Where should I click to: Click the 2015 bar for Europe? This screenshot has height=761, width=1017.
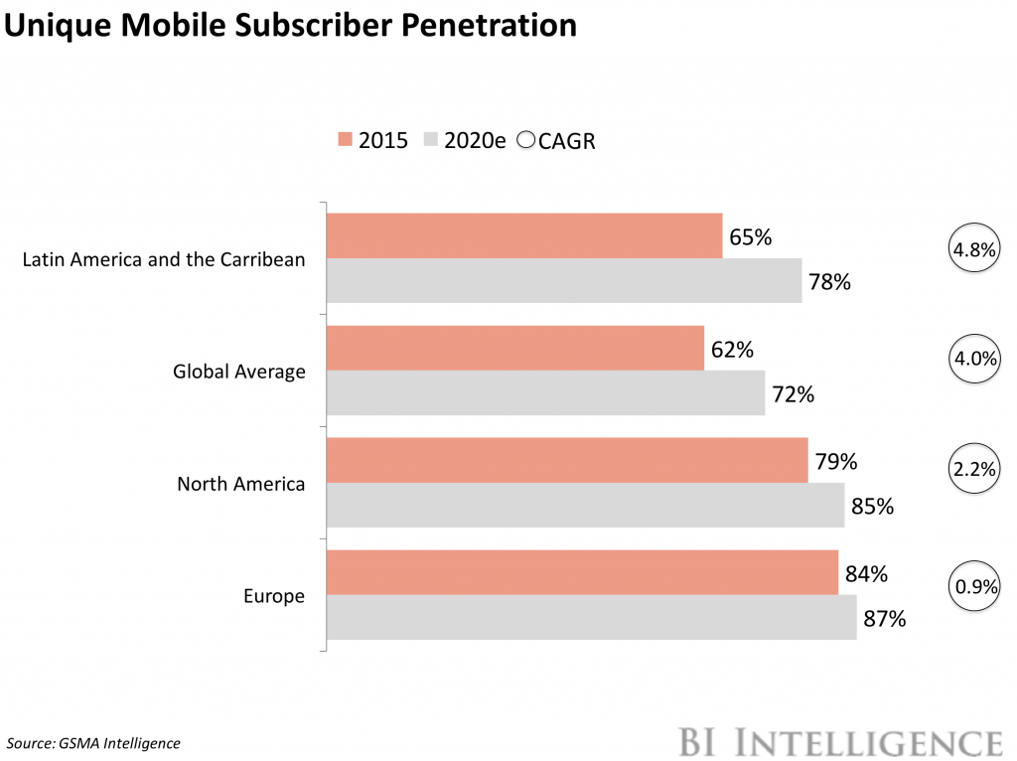point(582,572)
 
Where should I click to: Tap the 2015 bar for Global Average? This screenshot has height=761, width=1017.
point(515,348)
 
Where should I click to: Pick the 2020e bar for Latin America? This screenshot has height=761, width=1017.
point(564,281)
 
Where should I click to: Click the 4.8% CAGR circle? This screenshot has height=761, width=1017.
point(973,250)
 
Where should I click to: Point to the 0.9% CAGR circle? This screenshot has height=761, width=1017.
point(974,587)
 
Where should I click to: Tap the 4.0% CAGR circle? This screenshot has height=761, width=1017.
point(973,359)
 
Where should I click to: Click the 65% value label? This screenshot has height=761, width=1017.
point(751,237)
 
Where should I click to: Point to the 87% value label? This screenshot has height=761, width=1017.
point(885,619)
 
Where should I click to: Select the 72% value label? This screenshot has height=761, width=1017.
point(793,394)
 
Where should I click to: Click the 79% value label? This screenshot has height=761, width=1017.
point(835,462)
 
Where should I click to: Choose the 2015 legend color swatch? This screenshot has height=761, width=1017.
point(345,140)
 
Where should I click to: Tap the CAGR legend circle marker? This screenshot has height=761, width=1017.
point(524,140)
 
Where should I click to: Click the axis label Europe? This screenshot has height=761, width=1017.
point(274,596)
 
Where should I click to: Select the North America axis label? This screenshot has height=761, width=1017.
point(240,484)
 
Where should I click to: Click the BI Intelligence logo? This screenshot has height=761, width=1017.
point(840,741)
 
